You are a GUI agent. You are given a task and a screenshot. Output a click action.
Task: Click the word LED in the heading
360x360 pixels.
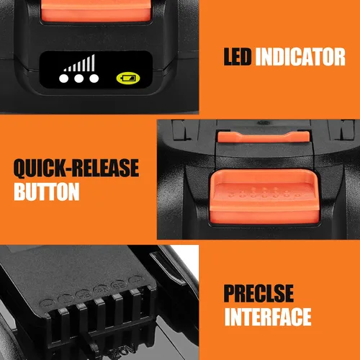click(238, 57)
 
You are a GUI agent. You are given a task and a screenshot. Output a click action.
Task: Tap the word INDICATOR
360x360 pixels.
click(300, 57)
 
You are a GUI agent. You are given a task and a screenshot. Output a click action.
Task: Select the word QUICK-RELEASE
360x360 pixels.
click(76, 168)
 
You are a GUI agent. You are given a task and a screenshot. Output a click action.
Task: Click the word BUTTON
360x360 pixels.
click(47, 192)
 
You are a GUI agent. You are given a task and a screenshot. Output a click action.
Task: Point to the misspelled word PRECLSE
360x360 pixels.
click(258, 293)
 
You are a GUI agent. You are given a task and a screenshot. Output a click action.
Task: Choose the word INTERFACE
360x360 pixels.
click(268, 317)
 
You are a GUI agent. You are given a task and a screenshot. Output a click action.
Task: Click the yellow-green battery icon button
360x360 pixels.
click(128, 78)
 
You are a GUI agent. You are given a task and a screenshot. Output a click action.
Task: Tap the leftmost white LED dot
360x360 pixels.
click(63, 78)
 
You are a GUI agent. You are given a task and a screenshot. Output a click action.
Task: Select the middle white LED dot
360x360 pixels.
click(78, 78)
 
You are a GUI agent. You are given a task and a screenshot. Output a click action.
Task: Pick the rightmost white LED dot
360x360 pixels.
click(94, 78)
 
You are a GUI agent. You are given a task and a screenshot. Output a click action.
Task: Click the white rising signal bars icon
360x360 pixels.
click(79, 63)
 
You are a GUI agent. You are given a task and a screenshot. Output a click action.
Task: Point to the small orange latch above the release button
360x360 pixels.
click(264, 137)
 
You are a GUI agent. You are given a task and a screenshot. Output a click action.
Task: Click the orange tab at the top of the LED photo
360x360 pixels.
click(96, 10)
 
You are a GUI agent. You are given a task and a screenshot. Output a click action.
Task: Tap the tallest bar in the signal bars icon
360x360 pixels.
click(93, 63)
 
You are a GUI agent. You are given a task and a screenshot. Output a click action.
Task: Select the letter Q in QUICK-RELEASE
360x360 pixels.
click(20, 168)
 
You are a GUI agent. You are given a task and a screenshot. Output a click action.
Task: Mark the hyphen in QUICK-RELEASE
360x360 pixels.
click(68, 169)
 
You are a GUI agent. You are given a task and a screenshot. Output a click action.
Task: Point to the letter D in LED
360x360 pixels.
click(246, 57)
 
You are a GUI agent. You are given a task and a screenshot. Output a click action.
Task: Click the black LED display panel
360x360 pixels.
click(96, 69)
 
